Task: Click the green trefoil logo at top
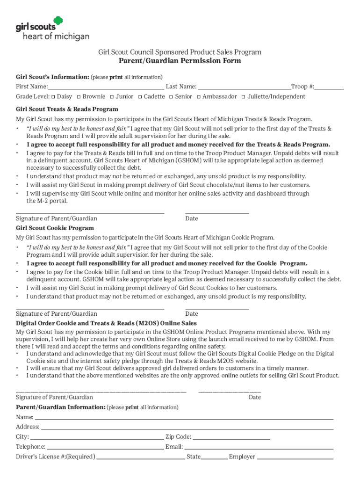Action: (x=58, y=21)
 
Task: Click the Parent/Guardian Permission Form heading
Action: (x=180, y=61)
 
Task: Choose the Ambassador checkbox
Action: (x=199, y=97)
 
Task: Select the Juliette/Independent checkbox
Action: (x=243, y=97)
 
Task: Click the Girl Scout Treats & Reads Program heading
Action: (x=67, y=109)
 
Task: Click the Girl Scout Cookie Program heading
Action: (x=55, y=228)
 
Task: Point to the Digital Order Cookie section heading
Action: (x=106, y=323)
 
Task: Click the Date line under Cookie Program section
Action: (x=217, y=308)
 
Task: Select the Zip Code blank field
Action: (x=231, y=437)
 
